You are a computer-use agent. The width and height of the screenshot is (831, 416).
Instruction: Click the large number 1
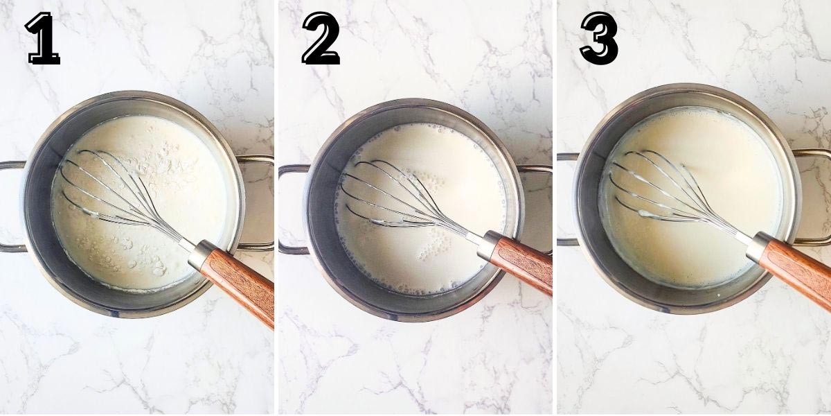click(x=42, y=39)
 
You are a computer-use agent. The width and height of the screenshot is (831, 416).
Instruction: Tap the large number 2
click(x=321, y=39)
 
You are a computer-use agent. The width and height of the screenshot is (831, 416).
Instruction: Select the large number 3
click(x=598, y=39)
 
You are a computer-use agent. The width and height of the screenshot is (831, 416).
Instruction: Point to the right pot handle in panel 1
click(x=260, y=201)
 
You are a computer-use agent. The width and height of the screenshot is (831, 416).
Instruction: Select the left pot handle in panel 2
click(x=289, y=208)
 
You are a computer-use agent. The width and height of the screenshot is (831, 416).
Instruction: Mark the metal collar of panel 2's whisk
click(x=490, y=243)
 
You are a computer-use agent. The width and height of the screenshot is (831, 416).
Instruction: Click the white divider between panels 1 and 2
click(x=276, y=208)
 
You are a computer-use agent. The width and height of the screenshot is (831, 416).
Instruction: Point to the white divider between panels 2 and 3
click(x=555, y=208)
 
